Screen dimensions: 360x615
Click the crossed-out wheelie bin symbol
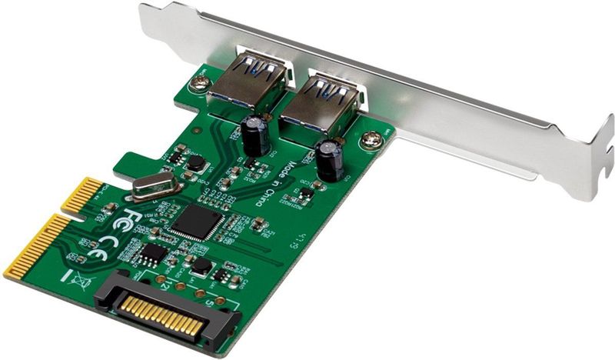click(79, 275)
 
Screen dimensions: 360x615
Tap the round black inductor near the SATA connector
click(201, 265)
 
